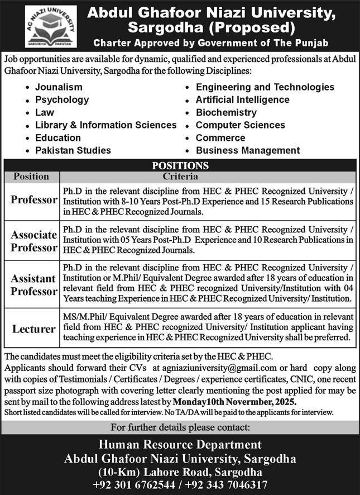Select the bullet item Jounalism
coord(59,87)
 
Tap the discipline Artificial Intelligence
coord(242,99)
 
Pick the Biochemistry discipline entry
coord(226,112)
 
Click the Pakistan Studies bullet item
coord(73,150)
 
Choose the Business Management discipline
coord(248,150)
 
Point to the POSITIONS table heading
coord(180,165)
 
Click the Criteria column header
coord(181,176)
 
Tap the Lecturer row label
coord(33,329)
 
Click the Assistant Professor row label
coord(33,284)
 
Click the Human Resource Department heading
coord(180,445)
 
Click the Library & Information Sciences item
coord(105,125)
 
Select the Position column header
coord(31,176)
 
